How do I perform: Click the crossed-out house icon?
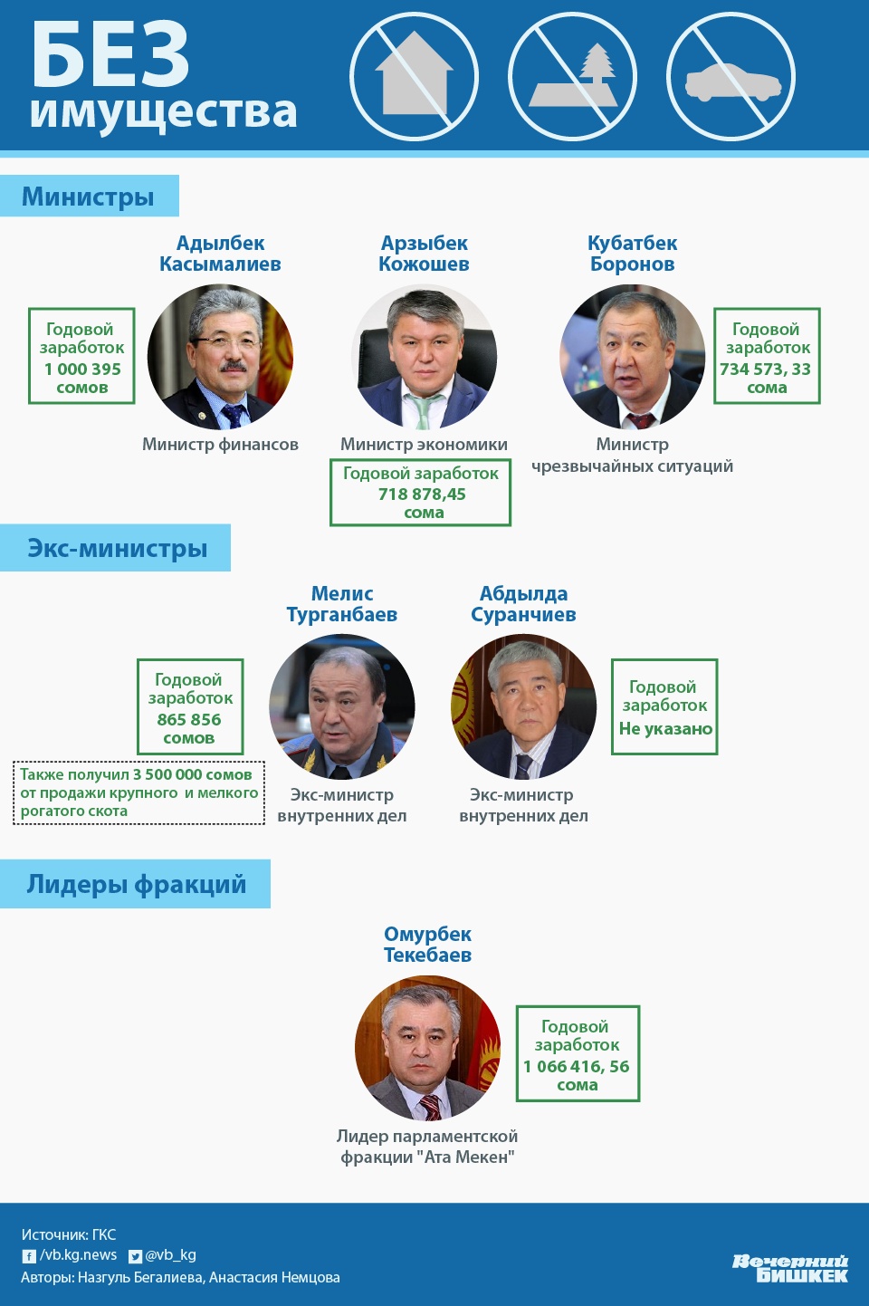coord(414,77)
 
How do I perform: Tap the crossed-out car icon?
coord(731,77)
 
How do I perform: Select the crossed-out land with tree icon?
coord(572,77)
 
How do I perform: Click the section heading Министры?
coord(88,197)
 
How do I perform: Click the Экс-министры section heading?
coord(117,548)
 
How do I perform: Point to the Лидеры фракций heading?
coord(136,884)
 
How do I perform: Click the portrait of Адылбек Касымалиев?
coord(220,357)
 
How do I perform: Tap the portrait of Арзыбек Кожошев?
coord(424,357)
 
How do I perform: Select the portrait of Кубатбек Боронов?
coord(632,357)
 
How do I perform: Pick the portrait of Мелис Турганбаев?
coord(342,706)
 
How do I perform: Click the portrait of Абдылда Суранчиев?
coord(523,706)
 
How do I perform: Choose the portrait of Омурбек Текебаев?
coord(427,1048)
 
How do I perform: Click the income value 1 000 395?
coord(82,369)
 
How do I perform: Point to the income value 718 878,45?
coord(422,494)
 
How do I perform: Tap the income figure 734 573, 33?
coord(766,369)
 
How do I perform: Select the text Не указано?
coord(665,729)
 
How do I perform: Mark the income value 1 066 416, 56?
coord(577,1066)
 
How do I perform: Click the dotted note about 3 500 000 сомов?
coord(138,792)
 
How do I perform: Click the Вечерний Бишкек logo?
coord(790,1268)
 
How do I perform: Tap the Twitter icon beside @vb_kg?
coord(135,1256)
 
